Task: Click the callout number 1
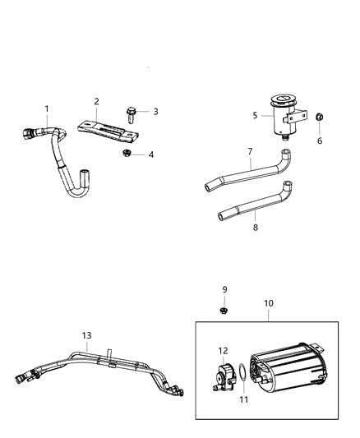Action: pyautogui.click(x=47, y=108)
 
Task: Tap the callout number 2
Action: pyautogui.click(x=96, y=102)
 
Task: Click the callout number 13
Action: pyautogui.click(x=86, y=335)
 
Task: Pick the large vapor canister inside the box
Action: pyautogui.click(x=292, y=367)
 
